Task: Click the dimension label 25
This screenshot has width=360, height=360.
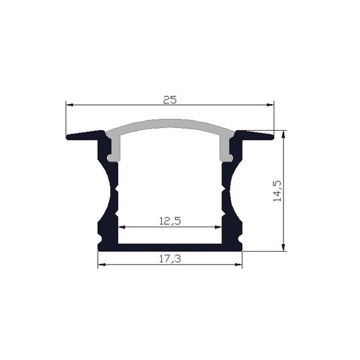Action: (169, 100)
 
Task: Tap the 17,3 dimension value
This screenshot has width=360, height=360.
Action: (169, 259)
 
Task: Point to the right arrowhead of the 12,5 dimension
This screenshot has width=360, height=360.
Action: (217, 227)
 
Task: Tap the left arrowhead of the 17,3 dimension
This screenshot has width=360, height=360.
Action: (100, 265)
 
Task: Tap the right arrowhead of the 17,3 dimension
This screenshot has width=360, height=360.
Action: (239, 265)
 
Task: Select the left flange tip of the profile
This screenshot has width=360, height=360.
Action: (70, 136)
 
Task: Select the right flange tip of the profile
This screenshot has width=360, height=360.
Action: (270, 136)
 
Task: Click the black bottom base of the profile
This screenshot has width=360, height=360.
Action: (169, 246)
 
